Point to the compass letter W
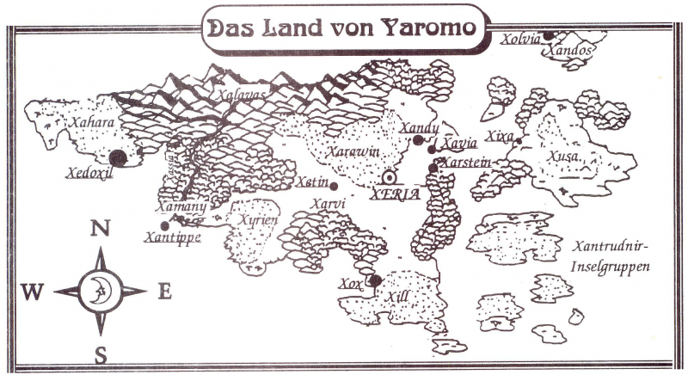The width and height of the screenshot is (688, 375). pyautogui.click(x=33, y=292)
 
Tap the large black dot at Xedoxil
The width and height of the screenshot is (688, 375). pyautogui.click(x=118, y=157)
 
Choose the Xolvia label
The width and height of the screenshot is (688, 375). pyautogui.click(x=523, y=38)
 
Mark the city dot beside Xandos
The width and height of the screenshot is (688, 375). pyautogui.click(x=548, y=35)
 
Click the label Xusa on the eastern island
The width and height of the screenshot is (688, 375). pyautogui.click(x=563, y=157)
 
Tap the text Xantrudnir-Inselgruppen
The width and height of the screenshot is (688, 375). pyautogui.click(x=609, y=256)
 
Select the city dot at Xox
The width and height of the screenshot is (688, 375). pyautogui.click(x=375, y=280)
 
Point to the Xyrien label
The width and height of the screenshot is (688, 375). pyautogui.click(x=257, y=220)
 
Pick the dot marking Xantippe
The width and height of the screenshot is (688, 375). pyautogui.click(x=164, y=225)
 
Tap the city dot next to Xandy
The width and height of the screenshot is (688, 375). pyautogui.click(x=417, y=139)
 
